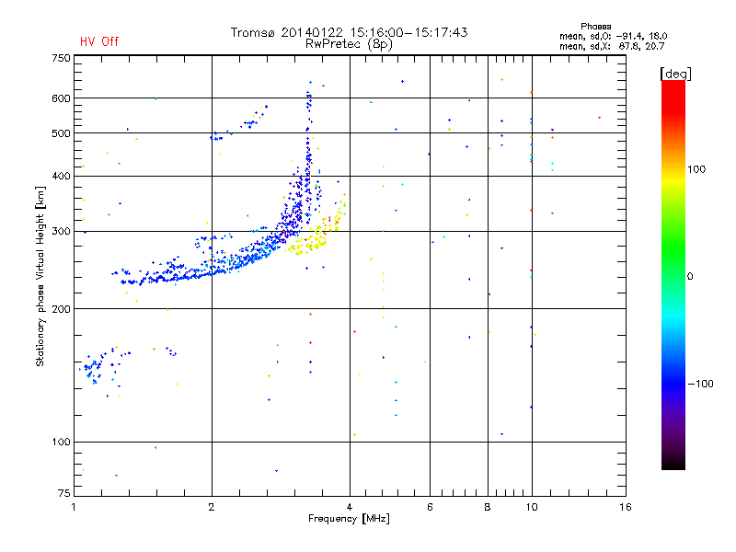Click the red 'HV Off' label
(x=99, y=41)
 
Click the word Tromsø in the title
(x=252, y=32)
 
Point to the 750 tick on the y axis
(x=61, y=58)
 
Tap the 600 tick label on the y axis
(x=61, y=98)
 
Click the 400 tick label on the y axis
(x=61, y=176)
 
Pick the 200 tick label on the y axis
(x=61, y=308)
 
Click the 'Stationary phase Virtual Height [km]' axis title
(x=40, y=276)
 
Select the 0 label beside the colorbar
(x=691, y=276)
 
